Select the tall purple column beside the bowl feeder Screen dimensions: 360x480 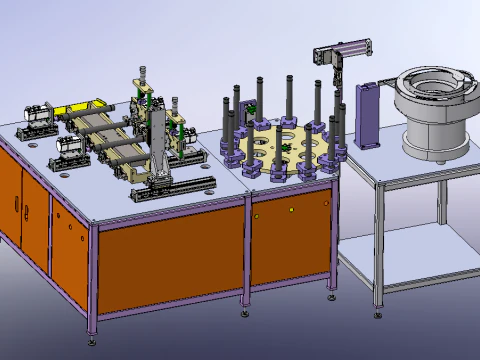tap(367, 115)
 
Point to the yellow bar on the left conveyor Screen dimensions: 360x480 tap(74, 107)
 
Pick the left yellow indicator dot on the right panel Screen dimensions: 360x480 tap(257, 215)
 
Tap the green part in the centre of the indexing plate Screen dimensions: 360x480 tap(284, 151)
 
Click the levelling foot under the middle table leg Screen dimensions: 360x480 tap(245, 311)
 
